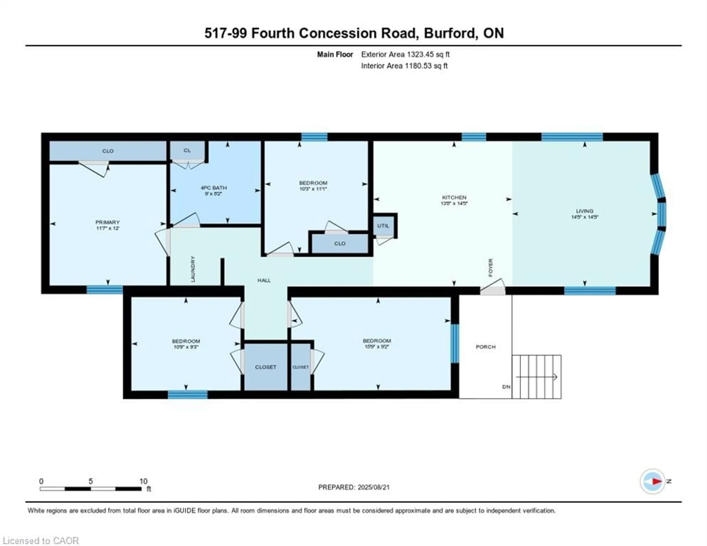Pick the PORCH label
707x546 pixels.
[486, 347]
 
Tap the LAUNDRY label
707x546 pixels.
[193, 269]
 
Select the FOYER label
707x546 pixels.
[490, 267]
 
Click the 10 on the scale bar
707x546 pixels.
[143, 481]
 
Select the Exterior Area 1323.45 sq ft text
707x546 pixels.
[405, 54]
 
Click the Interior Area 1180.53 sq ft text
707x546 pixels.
[404, 66]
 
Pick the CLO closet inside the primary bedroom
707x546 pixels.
[108, 151]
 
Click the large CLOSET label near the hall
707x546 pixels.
[265, 367]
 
